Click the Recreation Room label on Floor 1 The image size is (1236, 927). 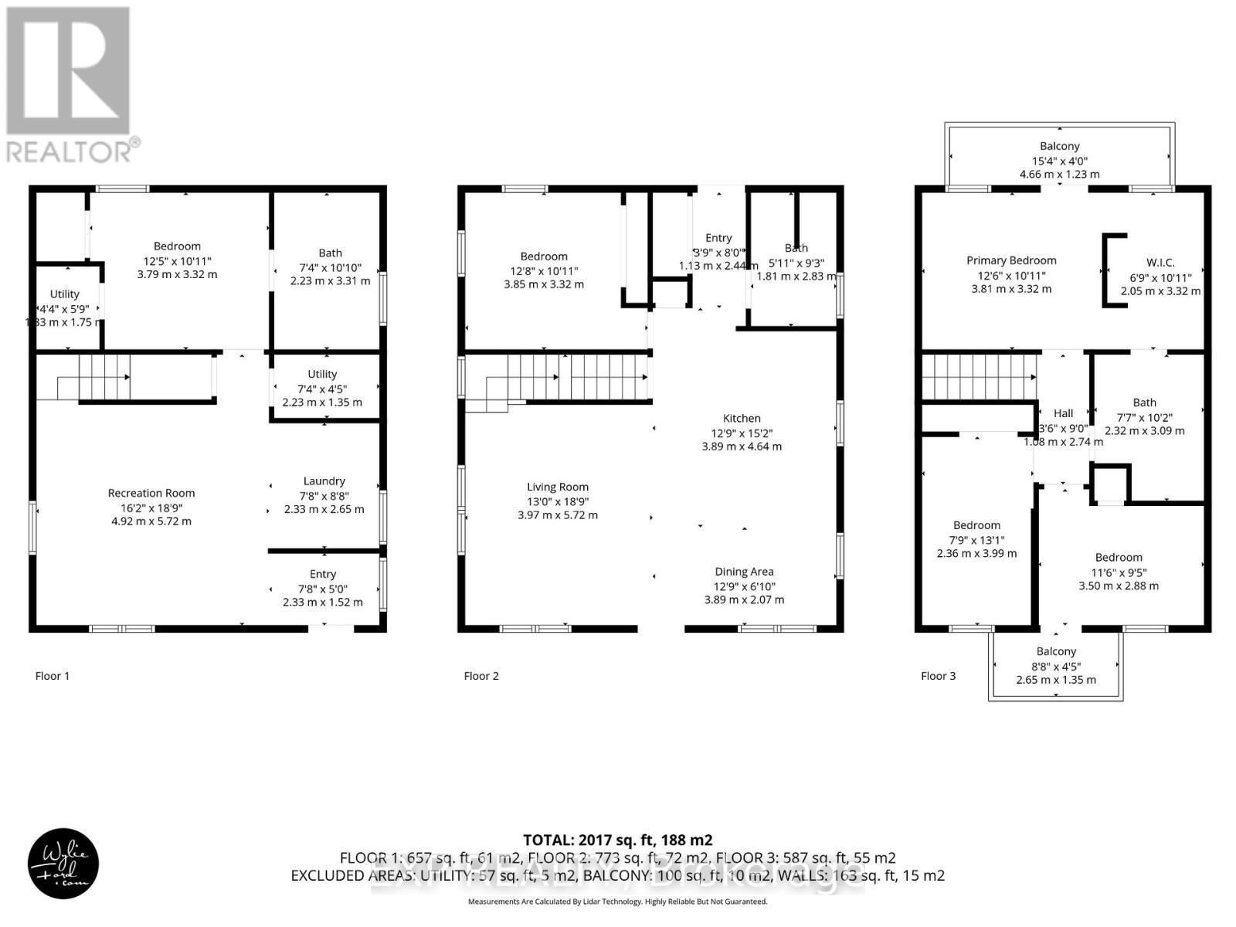tap(151, 493)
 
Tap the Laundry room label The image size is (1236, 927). tap(324, 480)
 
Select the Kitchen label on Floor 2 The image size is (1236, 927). tap(742, 418)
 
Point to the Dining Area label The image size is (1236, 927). tap(744, 572)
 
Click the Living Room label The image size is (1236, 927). tap(557, 487)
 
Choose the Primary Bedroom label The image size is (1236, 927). tap(1011, 260)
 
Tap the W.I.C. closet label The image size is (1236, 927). tap(1160, 263)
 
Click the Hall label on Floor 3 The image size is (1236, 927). tap(1063, 413)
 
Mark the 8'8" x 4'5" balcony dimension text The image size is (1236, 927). tap(1056, 666)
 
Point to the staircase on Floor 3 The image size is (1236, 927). tap(978, 376)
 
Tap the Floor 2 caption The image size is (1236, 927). tap(481, 676)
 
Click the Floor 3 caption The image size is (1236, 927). tap(938, 676)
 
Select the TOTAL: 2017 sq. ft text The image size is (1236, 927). tap(617, 840)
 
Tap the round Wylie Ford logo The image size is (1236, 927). tap(63, 864)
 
